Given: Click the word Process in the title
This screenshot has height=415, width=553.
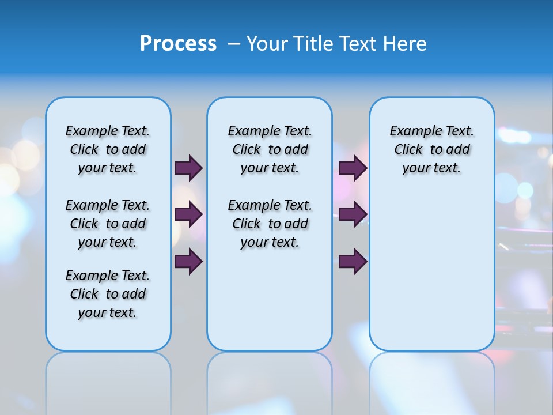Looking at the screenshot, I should click(178, 43).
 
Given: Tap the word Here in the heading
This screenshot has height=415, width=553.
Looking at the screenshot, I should click(403, 43).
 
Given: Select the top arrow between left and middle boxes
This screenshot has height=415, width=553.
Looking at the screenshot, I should click(188, 168).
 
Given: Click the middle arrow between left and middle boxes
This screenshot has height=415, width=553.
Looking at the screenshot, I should click(188, 214).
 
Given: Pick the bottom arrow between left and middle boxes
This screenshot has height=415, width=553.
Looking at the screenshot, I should click(188, 261).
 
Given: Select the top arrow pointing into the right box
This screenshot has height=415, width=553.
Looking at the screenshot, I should click(353, 168).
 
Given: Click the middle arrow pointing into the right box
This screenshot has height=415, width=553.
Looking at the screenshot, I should click(353, 214).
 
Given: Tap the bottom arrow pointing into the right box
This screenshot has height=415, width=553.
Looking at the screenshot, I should click(353, 261).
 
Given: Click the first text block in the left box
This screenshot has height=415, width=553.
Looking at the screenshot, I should click(108, 149).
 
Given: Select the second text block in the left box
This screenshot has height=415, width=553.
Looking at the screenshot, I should click(108, 224).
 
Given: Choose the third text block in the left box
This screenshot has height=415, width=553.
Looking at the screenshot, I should click(108, 294).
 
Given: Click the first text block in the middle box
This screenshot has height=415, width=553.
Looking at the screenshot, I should click(270, 149).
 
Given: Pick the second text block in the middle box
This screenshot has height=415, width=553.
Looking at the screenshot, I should click(270, 224).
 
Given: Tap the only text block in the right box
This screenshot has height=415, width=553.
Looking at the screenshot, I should click(432, 149).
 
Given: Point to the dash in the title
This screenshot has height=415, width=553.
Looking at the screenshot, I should click(233, 44).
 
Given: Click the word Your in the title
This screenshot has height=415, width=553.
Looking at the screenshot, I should click(267, 43).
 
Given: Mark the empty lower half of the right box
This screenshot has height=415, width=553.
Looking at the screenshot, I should click(432, 277).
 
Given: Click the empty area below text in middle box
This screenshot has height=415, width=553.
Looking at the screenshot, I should click(270, 300).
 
